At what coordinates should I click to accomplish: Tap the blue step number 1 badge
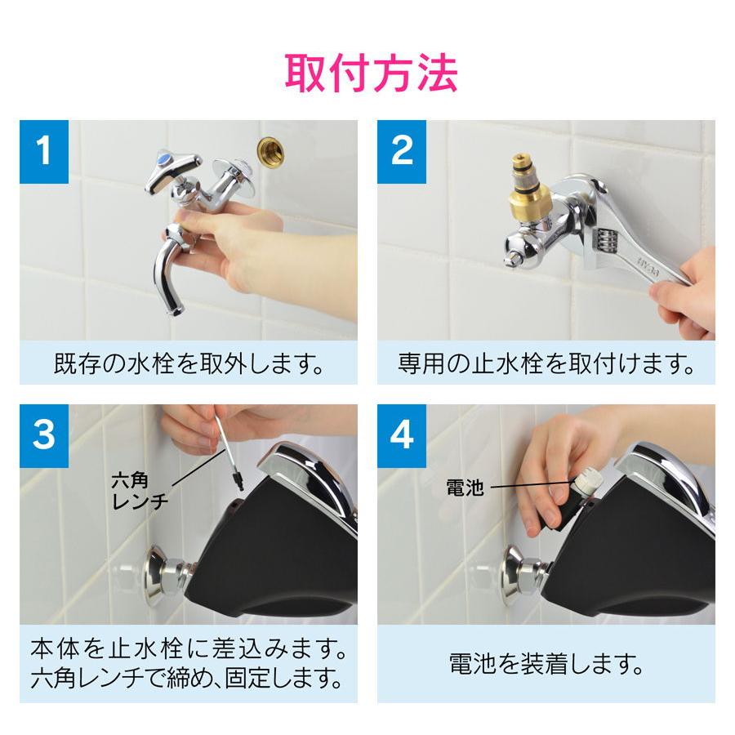pyautogui.click(x=44, y=151)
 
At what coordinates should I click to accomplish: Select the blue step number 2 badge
pyautogui.click(x=402, y=151)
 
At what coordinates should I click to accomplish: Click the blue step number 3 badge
pyautogui.click(x=44, y=436)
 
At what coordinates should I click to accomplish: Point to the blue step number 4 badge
pyautogui.click(x=402, y=436)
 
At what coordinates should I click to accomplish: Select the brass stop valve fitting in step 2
pyautogui.click(x=531, y=188)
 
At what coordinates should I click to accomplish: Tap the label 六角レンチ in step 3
pyautogui.click(x=140, y=490)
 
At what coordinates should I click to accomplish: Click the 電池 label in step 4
pyautogui.click(x=465, y=488)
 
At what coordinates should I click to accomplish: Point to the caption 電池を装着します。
pyautogui.click(x=546, y=664)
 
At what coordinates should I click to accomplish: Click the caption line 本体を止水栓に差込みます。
pyautogui.click(x=189, y=648)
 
